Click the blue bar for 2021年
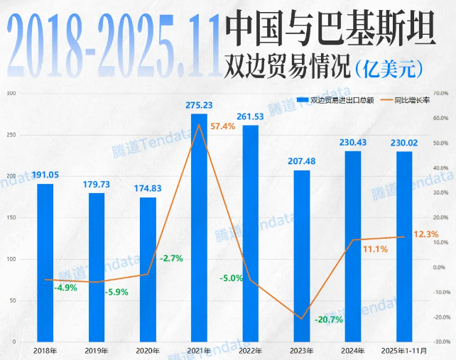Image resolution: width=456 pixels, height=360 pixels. coord(199,227)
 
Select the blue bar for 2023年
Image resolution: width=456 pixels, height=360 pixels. coord(302,256)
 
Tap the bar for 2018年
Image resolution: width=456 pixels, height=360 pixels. coord(45,263)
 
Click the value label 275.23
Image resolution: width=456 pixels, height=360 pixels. coord(200,105)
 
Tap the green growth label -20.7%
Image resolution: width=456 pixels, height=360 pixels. coord(328,320)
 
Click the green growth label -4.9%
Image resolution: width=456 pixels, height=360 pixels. coord(67,288)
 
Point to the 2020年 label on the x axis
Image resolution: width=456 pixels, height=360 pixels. coord(148,351)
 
